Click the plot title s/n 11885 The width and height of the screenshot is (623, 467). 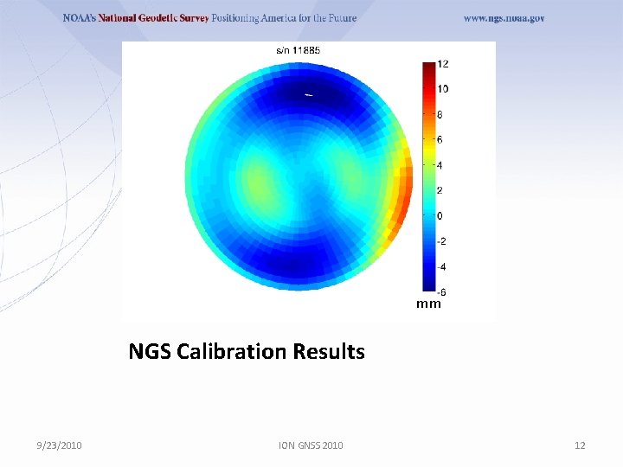point(298,50)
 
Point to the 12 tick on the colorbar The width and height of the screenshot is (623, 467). point(442,64)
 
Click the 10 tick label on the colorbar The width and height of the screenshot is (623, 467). point(442,89)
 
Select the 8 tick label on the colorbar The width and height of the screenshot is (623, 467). point(440,114)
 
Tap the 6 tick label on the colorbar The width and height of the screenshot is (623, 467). point(440,139)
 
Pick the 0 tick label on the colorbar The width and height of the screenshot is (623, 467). point(440,215)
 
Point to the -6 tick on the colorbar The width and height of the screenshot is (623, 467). point(440,291)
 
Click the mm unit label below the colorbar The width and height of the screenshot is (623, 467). point(428,304)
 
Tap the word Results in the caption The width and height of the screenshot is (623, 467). point(329,352)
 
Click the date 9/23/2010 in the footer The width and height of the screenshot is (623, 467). point(60,445)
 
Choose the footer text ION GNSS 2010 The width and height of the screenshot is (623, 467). point(311,445)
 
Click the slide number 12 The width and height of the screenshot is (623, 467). point(580,445)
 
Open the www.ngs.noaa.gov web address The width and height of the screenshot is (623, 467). point(504,18)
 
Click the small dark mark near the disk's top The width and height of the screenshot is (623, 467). point(309,93)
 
